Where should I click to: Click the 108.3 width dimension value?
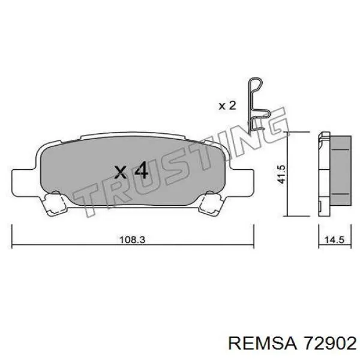pos(133,240)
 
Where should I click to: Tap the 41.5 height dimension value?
pos(281,174)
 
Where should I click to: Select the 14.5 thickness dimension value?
pos(334,240)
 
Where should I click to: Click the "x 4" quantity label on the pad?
pos(131,170)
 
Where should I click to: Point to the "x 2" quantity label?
pos(227,106)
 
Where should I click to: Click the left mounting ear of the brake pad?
pos(23,183)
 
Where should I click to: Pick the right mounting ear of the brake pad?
pos(242,183)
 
